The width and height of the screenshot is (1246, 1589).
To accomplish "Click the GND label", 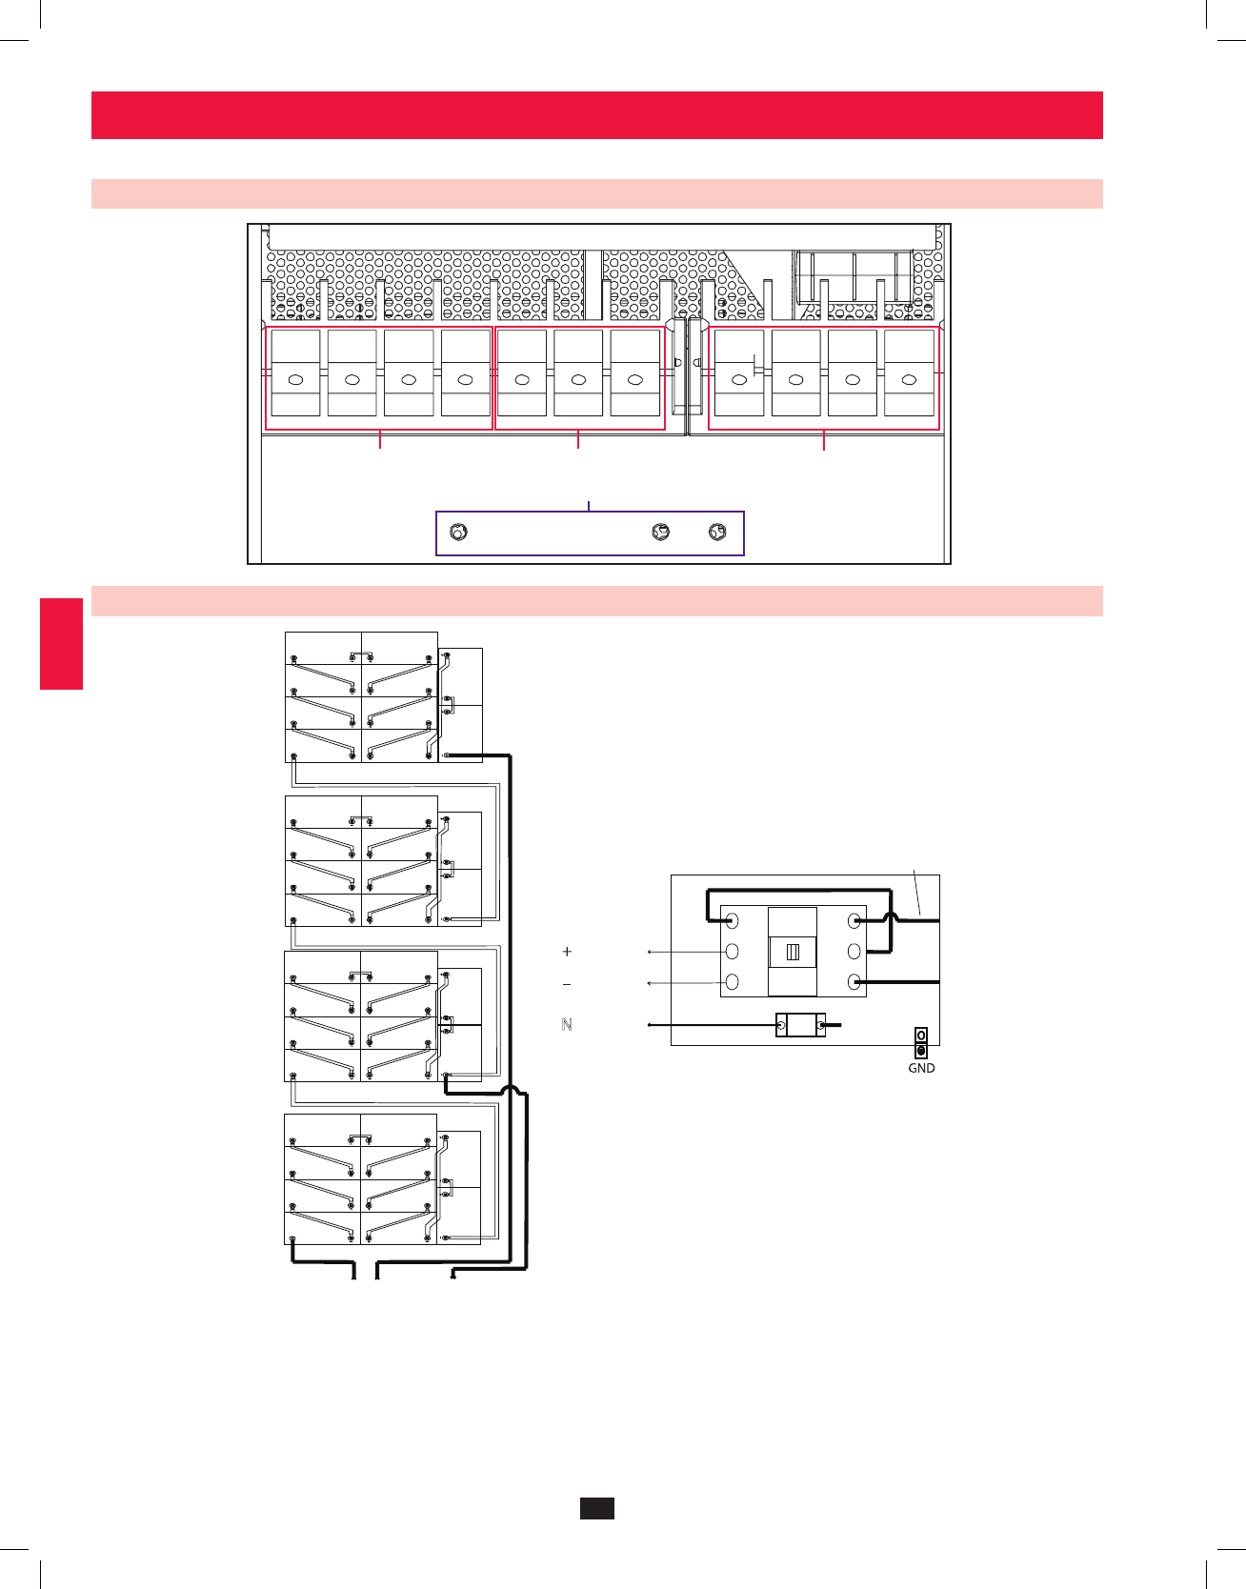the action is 921,1068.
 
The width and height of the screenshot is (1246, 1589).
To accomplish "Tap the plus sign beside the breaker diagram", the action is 567,952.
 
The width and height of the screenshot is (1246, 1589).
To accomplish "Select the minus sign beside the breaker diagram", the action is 567,984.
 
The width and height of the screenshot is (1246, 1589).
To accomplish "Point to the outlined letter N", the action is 567,1025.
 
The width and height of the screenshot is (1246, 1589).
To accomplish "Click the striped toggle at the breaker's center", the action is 793,952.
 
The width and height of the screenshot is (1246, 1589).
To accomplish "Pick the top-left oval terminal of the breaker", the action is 733,921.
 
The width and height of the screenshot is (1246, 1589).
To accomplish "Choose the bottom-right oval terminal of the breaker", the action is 854,982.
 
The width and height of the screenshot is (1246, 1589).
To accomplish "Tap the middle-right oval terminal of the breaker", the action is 854,952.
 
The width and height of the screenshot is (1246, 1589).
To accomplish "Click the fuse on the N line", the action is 800,1026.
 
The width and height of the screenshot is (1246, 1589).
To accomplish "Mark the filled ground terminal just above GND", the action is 921,1051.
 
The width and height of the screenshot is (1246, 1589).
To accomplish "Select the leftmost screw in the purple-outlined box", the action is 458,533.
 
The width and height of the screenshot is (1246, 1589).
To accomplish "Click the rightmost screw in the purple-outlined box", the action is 719,532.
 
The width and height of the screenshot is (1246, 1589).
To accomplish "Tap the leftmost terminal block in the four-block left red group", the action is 295,372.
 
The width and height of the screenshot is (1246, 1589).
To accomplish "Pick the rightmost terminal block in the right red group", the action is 909,372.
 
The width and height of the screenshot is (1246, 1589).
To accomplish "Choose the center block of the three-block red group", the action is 578,372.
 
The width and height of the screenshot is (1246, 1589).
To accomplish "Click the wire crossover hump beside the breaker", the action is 891,918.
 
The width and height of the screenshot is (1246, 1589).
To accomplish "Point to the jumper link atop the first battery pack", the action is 361,654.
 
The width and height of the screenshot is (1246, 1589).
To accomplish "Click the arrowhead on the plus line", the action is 650,952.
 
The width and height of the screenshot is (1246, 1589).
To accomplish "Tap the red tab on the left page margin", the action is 61,643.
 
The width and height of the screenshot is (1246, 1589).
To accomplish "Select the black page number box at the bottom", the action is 597,1508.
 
